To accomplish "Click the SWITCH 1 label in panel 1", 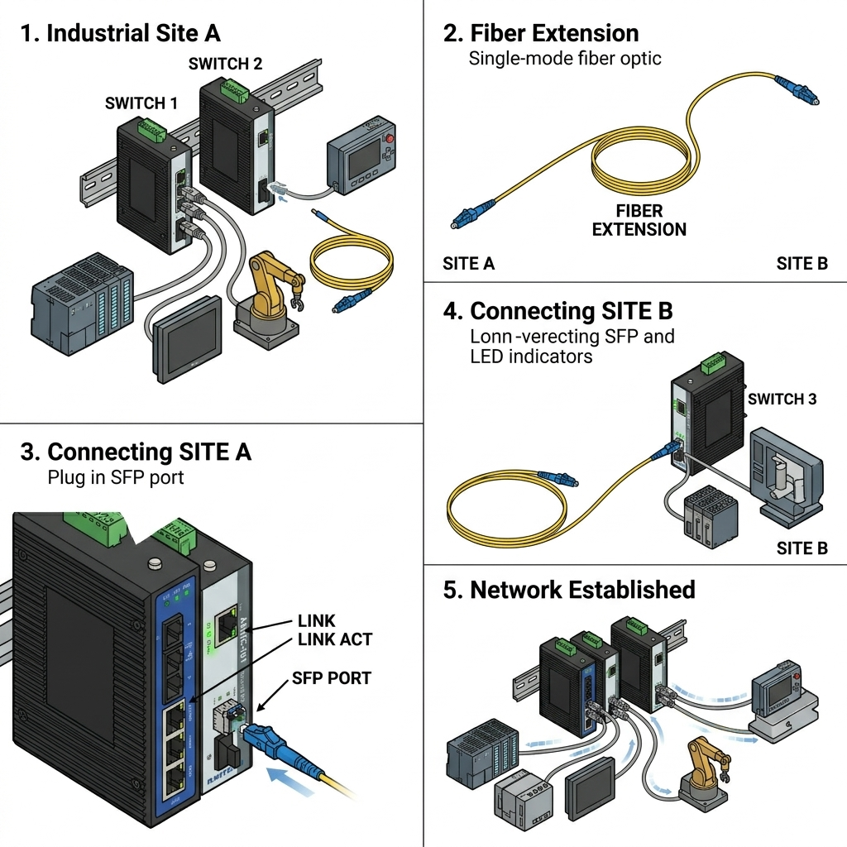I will tap(141, 103).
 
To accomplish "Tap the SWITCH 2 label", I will tap(225, 64).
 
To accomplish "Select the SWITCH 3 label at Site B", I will tap(782, 400).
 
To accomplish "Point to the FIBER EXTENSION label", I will tap(639, 220).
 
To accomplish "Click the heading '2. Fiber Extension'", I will tap(541, 34).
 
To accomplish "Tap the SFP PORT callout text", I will tap(332, 678).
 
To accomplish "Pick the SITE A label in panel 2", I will tap(469, 264).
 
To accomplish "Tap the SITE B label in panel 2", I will tap(802, 264).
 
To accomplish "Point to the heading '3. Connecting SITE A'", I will tap(136, 452).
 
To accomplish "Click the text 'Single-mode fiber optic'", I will tap(565, 59).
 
